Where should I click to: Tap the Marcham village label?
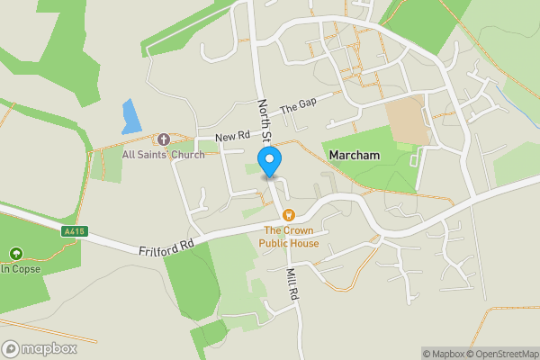point(355,156)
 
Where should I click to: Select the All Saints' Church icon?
point(164,139)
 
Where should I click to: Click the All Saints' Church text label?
point(164,154)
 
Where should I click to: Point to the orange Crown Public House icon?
point(289,215)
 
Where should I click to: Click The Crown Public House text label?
point(289,237)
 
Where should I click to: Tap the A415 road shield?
point(75,231)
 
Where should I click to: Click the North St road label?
point(265,121)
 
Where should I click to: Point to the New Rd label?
point(232,136)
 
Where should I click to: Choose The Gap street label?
point(298,106)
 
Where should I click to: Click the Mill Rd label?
point(292,284)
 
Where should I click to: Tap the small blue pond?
point(131,116)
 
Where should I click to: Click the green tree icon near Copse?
point(15,255)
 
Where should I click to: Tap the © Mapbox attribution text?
point(446,354)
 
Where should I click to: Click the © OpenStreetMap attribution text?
point(505,354)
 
